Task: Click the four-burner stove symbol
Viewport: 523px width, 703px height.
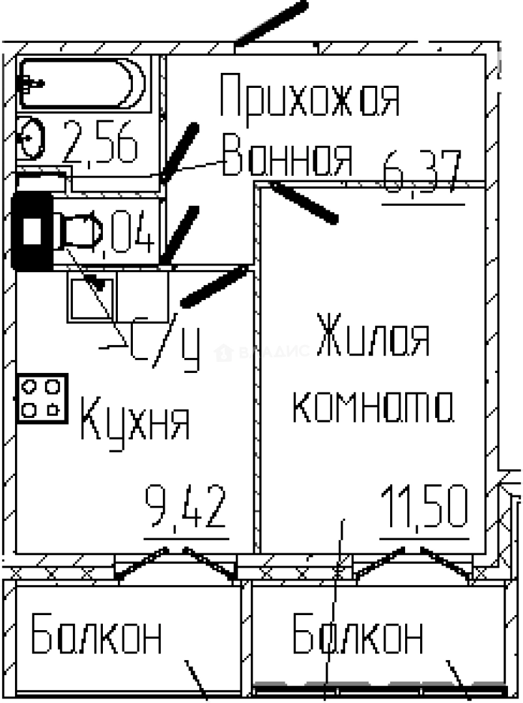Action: (42, 398)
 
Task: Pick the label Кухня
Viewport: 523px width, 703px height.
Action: (135, 422)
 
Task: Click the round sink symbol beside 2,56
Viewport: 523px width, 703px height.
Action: (32, 139)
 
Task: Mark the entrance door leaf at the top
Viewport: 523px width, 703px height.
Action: (270, 22)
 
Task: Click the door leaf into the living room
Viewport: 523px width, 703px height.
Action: (303, 203)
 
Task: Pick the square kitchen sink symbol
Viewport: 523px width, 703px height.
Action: (92, 297)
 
